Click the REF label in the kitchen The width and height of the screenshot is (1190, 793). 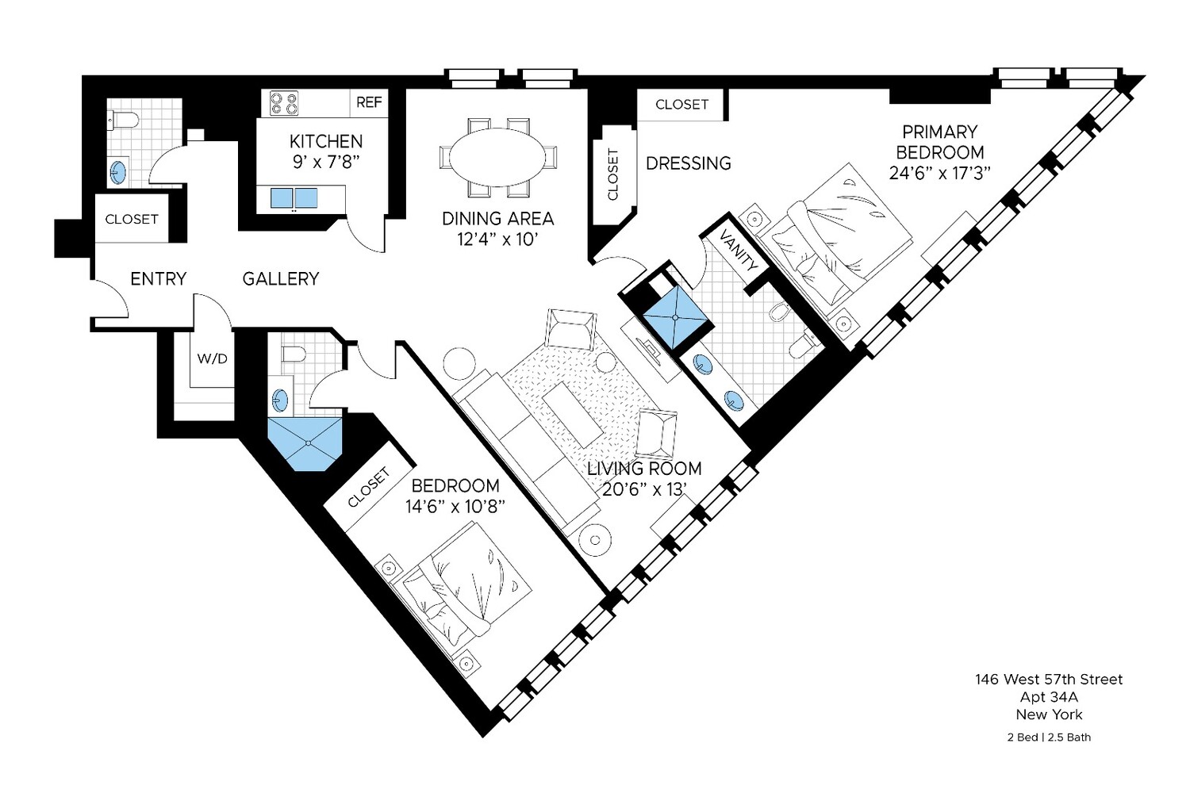[369, 102]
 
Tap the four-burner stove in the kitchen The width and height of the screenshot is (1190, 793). [284, 103]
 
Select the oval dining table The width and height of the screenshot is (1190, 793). [498, 158]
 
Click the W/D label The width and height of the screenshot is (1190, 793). [212, 358]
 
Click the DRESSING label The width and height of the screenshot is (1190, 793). [688, 163]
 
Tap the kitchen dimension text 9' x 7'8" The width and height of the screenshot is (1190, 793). [326, 163]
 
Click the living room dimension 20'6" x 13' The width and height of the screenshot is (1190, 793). [643, 489]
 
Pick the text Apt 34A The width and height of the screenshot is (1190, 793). [1049, 697]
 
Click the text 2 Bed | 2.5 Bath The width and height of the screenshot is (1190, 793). [1049, 737]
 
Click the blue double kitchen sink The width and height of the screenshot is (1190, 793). [294, 197]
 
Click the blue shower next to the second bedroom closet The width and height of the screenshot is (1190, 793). [305, 444]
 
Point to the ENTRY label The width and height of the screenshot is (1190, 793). [158, 279]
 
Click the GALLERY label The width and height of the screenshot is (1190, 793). [281, 279]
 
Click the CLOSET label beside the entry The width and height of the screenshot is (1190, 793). [132, 219]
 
